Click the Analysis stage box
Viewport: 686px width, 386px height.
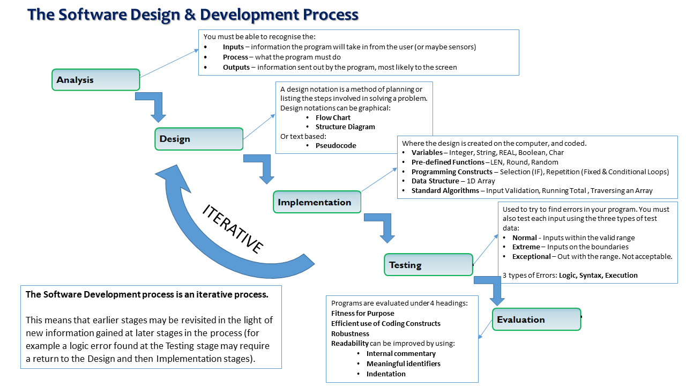tap(95, 80)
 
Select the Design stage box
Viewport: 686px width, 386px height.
tap(199, 139)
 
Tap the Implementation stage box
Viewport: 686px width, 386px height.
tap(317, 202)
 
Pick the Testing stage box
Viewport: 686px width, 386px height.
tap(428, 265)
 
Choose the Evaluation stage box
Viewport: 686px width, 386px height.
tap(536, 320)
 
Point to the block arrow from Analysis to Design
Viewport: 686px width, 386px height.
tap(155, 106)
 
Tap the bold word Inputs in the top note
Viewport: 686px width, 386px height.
tap(233, 47)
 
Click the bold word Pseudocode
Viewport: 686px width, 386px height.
tap(335, 145)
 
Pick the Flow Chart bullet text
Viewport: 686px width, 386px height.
tap(333, 117)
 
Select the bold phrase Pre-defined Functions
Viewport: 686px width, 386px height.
tap(448, 162)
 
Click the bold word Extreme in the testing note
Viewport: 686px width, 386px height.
tap(526, 247)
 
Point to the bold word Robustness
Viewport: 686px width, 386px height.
tap(350, 333)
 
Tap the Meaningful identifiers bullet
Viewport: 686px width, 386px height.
tap(403, 363)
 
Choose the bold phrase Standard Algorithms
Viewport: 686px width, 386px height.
tap(445, 191)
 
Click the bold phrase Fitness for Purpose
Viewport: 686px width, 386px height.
tap(362, 313)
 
